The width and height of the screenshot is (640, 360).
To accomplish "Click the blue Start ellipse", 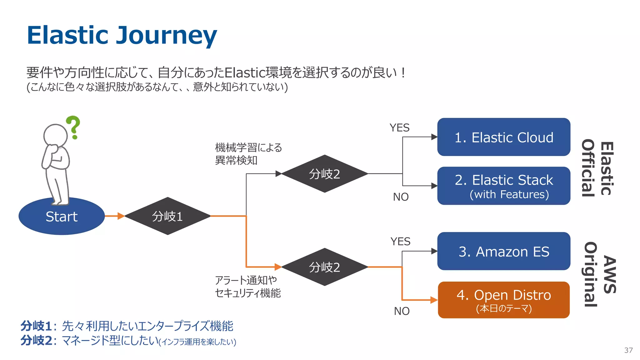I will (62, 216).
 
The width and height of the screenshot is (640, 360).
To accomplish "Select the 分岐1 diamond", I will (167, 216).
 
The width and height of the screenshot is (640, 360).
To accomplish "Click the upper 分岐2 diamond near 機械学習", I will (324, 174).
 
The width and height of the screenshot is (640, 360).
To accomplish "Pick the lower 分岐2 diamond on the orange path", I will (324, 267).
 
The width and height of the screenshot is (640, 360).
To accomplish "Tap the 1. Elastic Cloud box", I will (503, 137).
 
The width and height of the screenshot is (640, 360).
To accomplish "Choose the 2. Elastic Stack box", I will (503, 186).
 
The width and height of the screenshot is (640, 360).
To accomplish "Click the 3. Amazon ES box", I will (503, 251).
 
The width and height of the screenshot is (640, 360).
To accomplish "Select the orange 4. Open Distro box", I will (503, 300).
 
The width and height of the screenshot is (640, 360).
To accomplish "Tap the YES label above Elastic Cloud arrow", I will (399, 128).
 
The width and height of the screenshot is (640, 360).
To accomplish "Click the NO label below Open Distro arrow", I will (402, 311).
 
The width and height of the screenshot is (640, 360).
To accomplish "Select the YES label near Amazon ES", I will (400, 242).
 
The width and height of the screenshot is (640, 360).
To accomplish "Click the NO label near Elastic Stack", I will (401, 197).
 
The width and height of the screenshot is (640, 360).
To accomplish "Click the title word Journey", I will (166, 35).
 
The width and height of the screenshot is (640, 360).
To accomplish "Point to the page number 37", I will (628, 350).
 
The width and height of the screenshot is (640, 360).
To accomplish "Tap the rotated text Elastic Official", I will (597, 168).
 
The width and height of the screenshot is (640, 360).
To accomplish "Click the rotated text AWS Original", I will (600, 274).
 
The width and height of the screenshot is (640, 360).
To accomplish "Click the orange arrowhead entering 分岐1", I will (121, 216).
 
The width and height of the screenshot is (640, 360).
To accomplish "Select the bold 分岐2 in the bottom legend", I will (36, 340).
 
